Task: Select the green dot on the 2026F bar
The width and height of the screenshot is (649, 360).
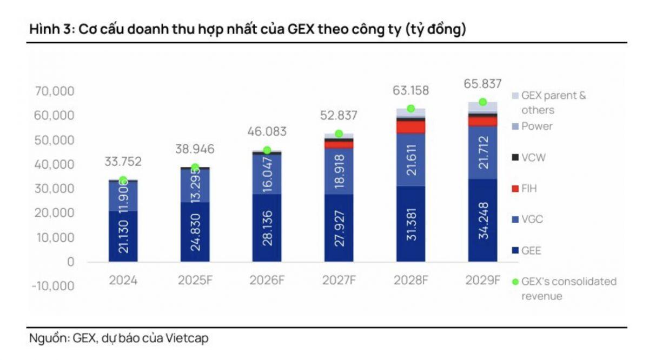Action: pos(267,150)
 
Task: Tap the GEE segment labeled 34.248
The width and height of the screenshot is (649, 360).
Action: pos(483,221)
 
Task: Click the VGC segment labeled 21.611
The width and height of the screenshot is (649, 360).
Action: pos(410,161)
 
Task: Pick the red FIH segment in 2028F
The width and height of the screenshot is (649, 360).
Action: pos(410,127)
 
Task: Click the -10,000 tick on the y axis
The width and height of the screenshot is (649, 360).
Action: pos(52,286)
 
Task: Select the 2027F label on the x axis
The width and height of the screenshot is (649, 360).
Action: pos(338,281)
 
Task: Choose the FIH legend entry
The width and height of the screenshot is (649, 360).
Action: pos(529,189)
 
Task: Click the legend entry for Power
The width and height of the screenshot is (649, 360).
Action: pos(536,126)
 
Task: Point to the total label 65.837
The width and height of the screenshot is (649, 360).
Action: pos(483,84)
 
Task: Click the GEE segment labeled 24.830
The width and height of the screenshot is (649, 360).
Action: pos(195,232)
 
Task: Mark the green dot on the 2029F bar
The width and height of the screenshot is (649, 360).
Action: pos(483,102)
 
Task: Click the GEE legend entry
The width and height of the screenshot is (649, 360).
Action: pos(531,251)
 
